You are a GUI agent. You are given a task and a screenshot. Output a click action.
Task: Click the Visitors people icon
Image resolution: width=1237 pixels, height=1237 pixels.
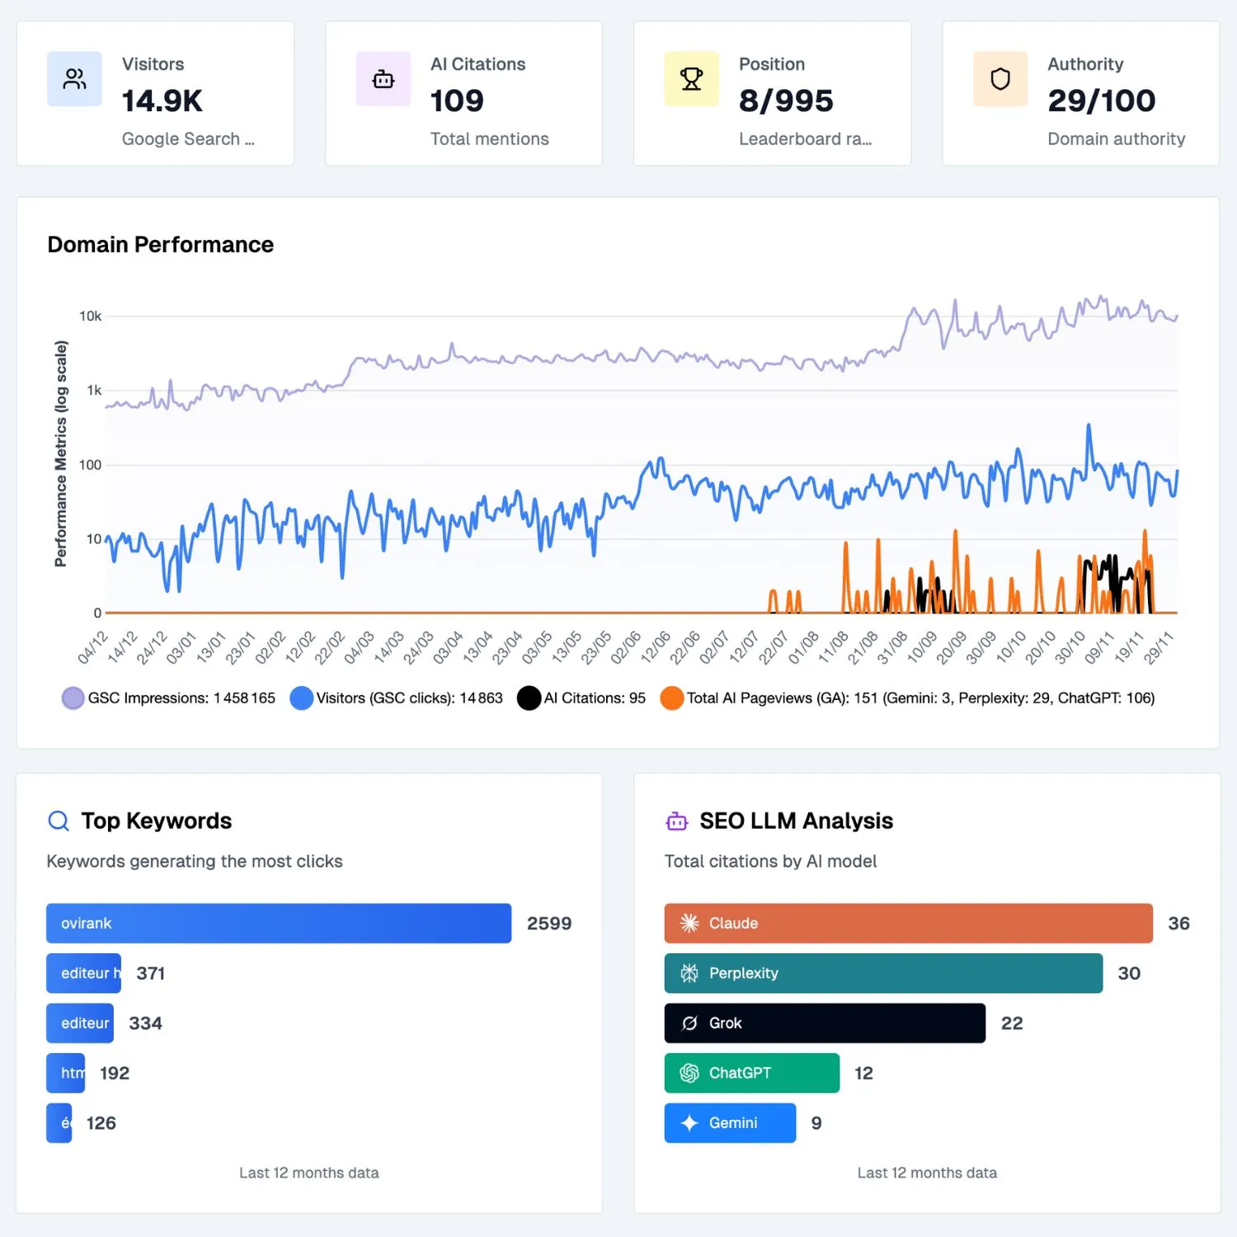pos(74,79)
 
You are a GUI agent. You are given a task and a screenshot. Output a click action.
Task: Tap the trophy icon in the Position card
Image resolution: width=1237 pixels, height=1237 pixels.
pos(691,79)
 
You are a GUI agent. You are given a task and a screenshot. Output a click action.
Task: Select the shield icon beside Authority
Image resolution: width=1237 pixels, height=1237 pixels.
pos(999,79)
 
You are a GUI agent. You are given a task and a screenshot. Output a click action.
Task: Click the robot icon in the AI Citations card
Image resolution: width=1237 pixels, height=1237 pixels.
pos(383,79)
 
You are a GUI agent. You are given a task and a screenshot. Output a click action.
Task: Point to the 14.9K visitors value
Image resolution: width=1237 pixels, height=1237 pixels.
pos(162,101)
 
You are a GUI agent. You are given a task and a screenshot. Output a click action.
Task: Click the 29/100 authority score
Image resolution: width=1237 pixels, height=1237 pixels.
pos(1101,101)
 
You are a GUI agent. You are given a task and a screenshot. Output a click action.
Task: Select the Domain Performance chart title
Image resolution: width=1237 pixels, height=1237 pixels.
pos(160,245)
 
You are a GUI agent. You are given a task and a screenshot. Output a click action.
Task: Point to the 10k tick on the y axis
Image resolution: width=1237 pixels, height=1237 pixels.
pos(90,316)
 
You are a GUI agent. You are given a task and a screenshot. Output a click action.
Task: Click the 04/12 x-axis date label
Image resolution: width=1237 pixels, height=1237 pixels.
pos(92,647)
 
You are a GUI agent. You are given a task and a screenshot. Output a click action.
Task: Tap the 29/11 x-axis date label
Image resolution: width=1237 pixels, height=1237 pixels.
pos(1158,647)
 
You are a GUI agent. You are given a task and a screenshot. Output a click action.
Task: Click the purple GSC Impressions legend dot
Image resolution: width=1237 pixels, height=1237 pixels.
pos(73,698)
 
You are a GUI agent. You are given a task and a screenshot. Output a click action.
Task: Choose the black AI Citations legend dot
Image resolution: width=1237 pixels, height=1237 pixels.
pos(529,698)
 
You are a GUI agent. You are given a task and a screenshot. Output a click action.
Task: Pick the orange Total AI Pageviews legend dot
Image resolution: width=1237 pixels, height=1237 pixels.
pos(672,698)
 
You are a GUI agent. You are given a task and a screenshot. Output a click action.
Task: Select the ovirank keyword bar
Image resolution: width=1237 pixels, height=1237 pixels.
pos(279,924)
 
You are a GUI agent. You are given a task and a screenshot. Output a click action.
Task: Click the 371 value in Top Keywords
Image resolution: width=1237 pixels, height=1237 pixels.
pos(151,974)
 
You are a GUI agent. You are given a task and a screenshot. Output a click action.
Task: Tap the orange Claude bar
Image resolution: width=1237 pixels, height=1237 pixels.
pos(908,924)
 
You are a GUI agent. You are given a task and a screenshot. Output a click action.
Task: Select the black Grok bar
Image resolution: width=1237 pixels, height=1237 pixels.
pos(825,1023)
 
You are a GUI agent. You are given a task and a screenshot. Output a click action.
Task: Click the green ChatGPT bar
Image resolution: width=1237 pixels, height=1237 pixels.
pos(751,1073)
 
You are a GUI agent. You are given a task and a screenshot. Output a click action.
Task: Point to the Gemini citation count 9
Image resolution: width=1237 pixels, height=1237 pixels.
pos(816,1123)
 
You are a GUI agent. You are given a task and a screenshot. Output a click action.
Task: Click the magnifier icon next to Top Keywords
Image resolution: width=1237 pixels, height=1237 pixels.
pos(59,821)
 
